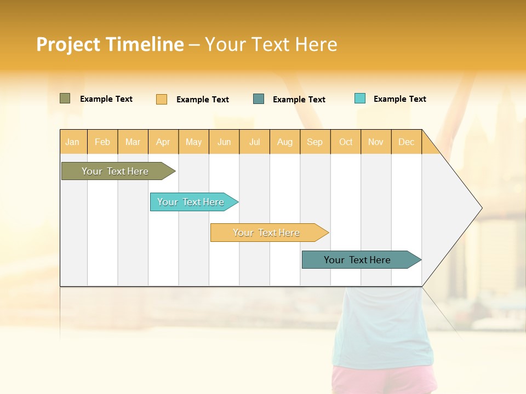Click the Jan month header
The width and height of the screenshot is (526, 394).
pyautogui.click(x=72, y=142)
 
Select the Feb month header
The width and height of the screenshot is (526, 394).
pyautogui.click(x=102, y=142)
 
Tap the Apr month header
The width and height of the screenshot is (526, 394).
pyautogui.click(x=163, y=142)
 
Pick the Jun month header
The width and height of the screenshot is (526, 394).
pyautogui.click(x=224, y=142)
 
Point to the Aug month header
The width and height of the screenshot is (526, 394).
pyautogui.click(x=284, y=142)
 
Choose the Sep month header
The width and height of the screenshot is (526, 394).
pyautogui.click(x=315, y=142)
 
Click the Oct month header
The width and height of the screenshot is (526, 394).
pyautogui.click(x=346, y=142)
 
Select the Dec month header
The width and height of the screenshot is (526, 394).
pyautogui.click(x=406, y=142)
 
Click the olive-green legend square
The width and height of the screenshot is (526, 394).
pyautogui.click(x=65, y=99)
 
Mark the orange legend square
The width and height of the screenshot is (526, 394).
pyautogui.click(x=161, y=99)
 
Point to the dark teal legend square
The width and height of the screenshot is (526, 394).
pyautogui.click(x=259, y=99)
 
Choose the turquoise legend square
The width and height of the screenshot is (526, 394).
pyautogui.click(x=360, y=99)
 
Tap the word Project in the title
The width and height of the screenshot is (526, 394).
pyautogui.click(x=68, y=44)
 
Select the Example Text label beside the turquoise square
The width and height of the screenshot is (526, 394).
pyautogui.click(x=399, y=99)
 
